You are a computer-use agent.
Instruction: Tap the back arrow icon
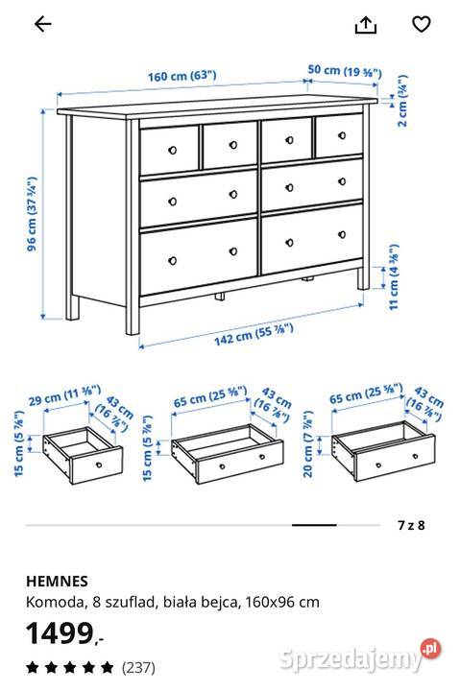(42, 25)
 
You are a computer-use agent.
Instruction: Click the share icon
(365, 25)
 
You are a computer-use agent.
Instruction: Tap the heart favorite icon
(420, 25)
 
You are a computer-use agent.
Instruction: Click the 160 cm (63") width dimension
(182, 76)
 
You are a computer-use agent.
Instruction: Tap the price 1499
(60, 632)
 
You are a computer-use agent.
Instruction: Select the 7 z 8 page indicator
(410, 525)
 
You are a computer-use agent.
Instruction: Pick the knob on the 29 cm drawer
(101, 462)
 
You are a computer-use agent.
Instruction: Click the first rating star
(31, 665)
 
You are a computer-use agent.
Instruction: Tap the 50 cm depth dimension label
(344, 71)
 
